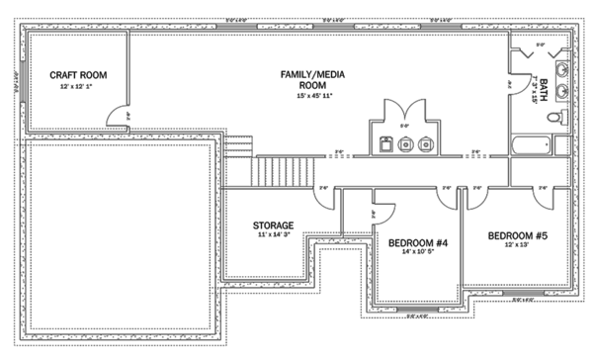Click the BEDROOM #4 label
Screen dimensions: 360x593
click(418, 242)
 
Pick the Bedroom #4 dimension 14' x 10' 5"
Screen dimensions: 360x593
click(418, 253)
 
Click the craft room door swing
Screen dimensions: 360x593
click(119, 116)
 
